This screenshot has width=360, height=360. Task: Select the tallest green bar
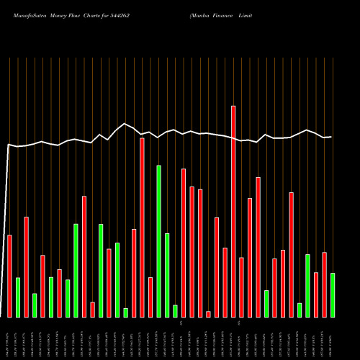[x=158, y=241]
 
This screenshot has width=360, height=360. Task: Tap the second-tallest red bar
[x=142, y=227]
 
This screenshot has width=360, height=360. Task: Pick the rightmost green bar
[x=333, y=295]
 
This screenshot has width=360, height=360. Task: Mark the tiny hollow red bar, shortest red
[x=208, y=314]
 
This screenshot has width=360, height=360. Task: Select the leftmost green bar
[x=18, y=297]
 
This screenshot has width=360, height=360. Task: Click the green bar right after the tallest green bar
[x=167, y=275]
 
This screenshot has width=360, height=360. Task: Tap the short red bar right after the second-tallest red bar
[x=150, y=297]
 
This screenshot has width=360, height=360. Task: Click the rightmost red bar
[x=324, y=284]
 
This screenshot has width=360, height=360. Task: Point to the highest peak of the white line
[x=125, y=123]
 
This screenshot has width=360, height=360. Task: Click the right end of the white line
[x=331, y=137]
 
